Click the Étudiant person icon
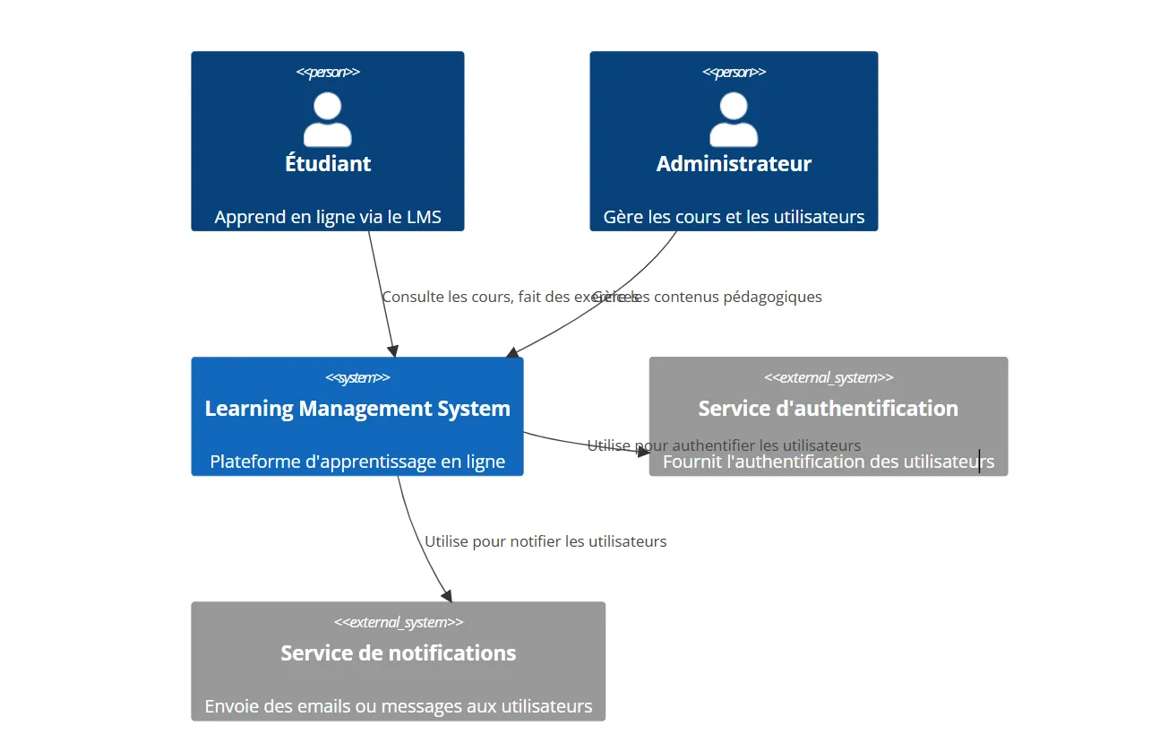pos(327,120)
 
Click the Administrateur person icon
pos(734,120)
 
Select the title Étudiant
pos(328,164)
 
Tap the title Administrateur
pos(734,164)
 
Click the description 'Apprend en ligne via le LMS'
pos(328,217)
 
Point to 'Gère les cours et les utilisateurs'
pos(734,217)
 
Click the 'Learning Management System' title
pos(357,409)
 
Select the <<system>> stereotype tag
pos(357,377)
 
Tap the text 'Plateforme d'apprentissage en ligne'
pos(357,462)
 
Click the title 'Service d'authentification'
pos(828,409)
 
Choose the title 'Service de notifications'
pos(398,653)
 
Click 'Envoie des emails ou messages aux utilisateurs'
pos(398,706)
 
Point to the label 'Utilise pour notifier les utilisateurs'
pos(545,541)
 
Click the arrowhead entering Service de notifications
pos(447,596)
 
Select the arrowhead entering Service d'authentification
pos(643,452)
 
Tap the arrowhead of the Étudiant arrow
pos(392,350)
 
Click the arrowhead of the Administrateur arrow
pos(512,353)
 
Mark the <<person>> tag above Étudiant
pos(328,72)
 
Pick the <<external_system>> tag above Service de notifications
pos(398,622)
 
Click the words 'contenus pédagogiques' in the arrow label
pos(738,297)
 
